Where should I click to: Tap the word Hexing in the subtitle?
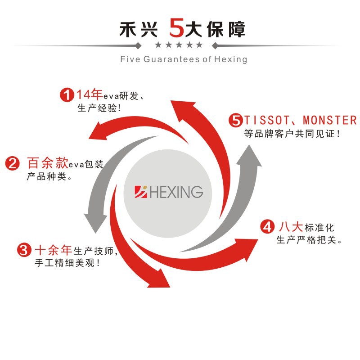[231, 59]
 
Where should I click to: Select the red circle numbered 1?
[67, 95]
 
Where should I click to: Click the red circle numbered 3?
[24, 250]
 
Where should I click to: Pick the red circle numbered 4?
[267, 226]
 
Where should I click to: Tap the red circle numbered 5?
[235, 121]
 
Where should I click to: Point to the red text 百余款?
[48, 163]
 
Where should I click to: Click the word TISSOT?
[265, 121]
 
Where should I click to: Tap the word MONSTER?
[329, 121]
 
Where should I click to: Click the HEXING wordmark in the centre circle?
[176, 192]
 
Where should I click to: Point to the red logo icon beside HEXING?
[141, 192]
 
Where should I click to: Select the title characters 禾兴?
[139, 29]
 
